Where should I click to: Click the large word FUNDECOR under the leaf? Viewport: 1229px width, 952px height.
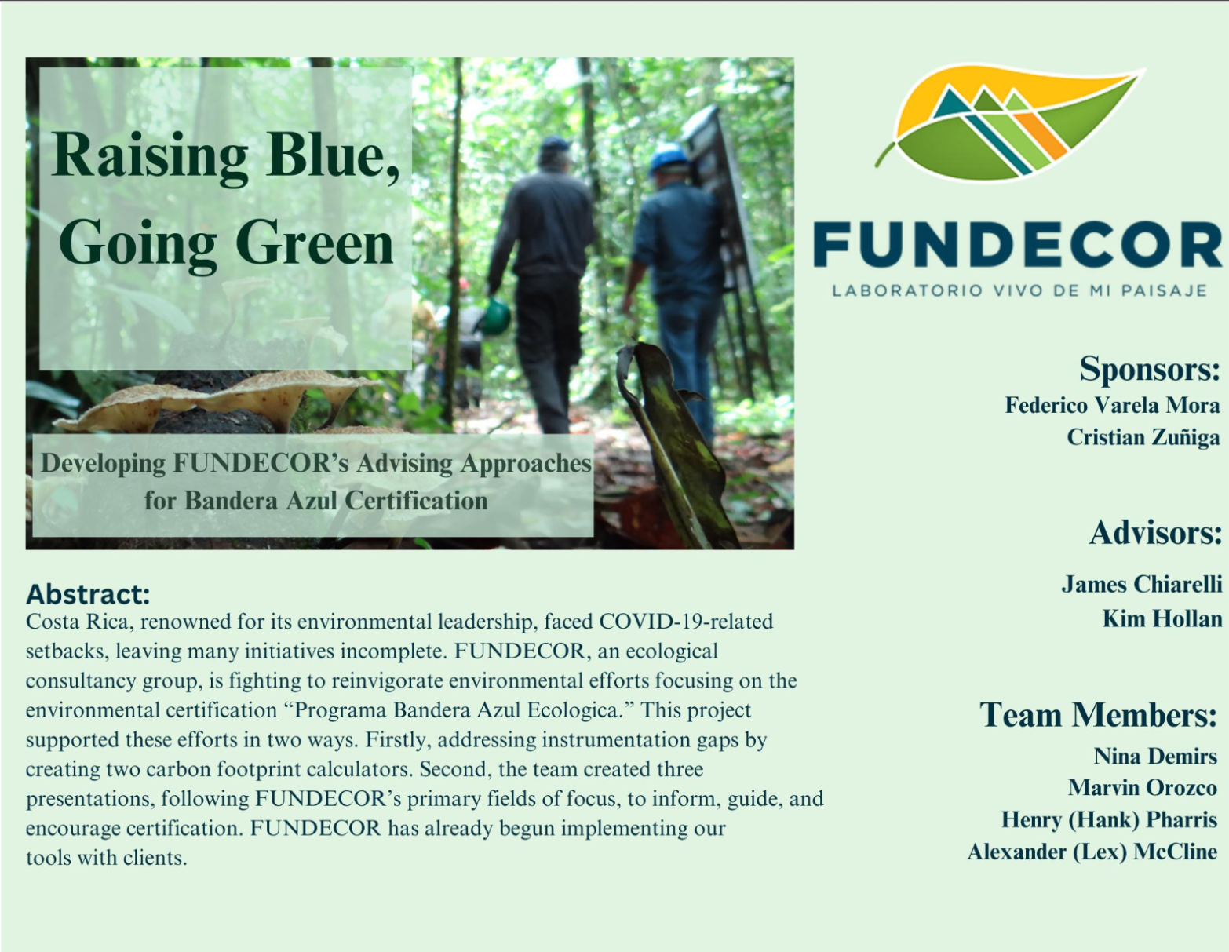[x=1017, y=244]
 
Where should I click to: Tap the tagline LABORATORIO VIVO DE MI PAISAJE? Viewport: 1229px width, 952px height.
[x=1019, y=290]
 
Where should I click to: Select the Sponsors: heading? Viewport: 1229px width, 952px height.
[x=1149, y=369]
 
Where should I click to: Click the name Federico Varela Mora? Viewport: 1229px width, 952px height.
[x=1112, y=405]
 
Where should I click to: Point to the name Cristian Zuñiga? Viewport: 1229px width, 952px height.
[x=1143, y=438]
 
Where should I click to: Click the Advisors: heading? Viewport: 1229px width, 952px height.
[x=1156, y=533]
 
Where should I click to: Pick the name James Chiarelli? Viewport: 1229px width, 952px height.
[x=1142, y=584]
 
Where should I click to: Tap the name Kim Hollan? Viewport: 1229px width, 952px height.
[x=1162, y=618]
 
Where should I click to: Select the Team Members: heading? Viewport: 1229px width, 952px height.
[x=1099, y=714]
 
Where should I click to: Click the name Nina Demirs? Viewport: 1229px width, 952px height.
[x=1155, y=756]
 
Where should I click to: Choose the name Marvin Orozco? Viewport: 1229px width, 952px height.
[x=1143, y=787]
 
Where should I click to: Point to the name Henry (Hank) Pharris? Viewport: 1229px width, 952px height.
[x=1109, y=819]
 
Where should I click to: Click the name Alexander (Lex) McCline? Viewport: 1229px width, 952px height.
[x=1092, y=852]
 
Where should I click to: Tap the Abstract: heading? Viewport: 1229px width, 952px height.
[x=88, y=594]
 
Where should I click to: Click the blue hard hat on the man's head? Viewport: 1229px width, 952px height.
[x=668, y=157]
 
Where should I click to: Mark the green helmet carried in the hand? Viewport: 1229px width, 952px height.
[x=495, y=316]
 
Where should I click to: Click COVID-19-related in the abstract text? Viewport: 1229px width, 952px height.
[x=685, y=622]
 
